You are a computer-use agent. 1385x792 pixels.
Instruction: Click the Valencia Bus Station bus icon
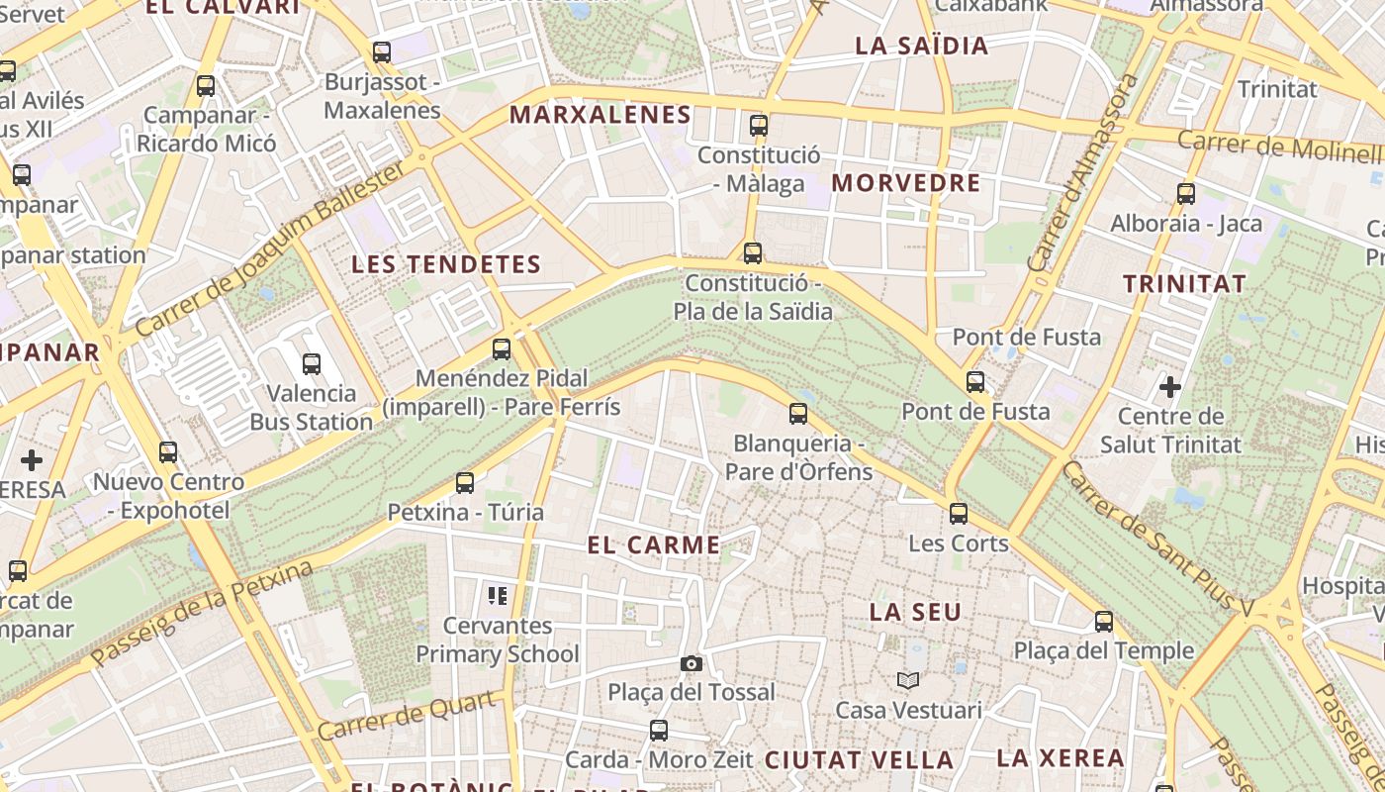click(x=312, y=364)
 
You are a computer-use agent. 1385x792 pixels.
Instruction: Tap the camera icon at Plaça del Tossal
click(x=692, y=663)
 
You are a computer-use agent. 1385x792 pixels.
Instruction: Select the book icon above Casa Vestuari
click(x=908, y=680)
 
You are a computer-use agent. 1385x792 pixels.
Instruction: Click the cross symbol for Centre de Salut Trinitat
click(x=1170, y=386)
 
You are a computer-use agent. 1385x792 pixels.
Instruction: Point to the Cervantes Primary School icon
click(x=498, y=595)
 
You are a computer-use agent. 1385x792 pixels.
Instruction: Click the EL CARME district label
click(x=653, y=544)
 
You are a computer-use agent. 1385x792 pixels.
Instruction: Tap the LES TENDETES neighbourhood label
click(x=447, y=264)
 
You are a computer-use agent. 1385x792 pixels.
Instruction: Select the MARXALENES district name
click(x=600, y=115)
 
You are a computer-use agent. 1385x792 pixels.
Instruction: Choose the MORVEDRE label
click(x=905, y=183)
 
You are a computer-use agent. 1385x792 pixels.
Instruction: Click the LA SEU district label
click(x=915, y=612)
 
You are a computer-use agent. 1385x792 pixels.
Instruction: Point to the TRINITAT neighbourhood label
click(x=1184, y=284)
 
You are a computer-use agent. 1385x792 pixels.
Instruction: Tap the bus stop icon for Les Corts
click(x=958, y=513)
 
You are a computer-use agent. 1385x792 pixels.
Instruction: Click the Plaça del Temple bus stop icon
click(x=1104, y=622)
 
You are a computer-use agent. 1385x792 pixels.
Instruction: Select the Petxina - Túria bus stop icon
click(x=465, y=483)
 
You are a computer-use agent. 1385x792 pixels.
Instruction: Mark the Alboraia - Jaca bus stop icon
click(x=1186, y=194)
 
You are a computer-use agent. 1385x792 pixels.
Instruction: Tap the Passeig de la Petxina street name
click(x=202, y=614)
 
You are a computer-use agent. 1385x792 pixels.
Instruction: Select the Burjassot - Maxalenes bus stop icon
click(x=382, y=52)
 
